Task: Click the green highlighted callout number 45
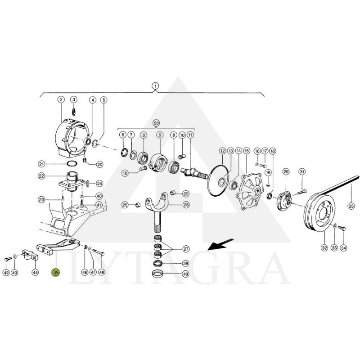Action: click(56, 272)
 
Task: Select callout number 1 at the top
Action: click(155, 86)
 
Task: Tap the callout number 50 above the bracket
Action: click(156, 123)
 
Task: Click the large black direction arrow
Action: click(220, 244)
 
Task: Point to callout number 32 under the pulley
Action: click(324, 248)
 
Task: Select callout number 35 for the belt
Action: click(351, 206)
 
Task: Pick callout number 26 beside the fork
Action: click(185, 204)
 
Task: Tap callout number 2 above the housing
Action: click(61, 99)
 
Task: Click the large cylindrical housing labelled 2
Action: click(72, 138)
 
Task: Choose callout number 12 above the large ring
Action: click(222, 151)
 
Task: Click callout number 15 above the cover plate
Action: click(247, 151)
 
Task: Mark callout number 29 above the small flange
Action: click(286, 171)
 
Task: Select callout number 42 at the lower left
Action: click(6, 273)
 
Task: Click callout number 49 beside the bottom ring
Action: click(185, 274)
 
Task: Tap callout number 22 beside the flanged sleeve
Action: click(41, 176)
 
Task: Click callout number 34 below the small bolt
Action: click(343, 248)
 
